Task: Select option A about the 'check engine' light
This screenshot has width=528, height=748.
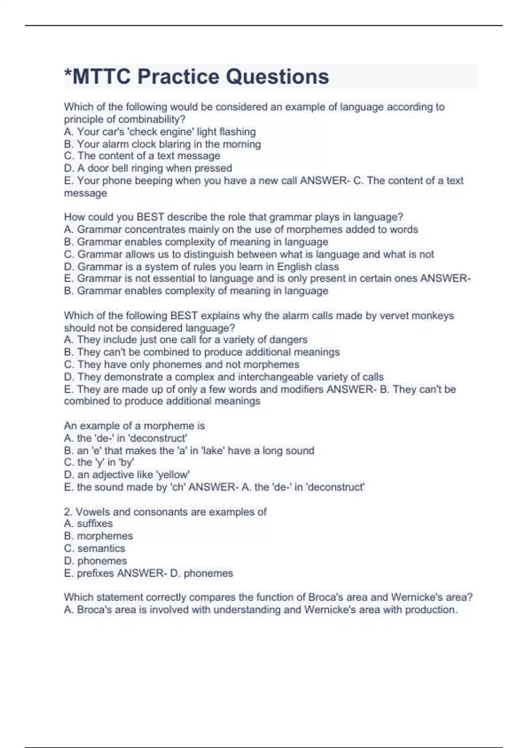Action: click(x=160, y=132)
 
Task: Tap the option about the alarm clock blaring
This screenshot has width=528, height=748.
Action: click(x=162, y=144)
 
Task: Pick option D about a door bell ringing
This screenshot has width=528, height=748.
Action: click(x=148, y=168)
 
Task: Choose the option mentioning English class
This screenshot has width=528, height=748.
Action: click(x=201, y=267)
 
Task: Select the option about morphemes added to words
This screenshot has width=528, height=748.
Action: click(x=241, y=229)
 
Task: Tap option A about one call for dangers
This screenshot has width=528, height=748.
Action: click(x=185, y=340)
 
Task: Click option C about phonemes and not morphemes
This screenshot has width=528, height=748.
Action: click(x=181, y=364)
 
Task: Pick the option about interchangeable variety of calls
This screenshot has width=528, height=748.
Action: click(x=224, y=377)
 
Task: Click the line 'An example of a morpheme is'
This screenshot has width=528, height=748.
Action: click(x=134, y=425)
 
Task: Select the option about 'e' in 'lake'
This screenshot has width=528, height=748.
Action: click(x=189, y=451)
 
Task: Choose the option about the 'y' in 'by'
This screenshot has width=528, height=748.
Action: click(x=99, y=462)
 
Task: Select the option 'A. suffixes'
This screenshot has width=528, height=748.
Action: click(x=88, y=524)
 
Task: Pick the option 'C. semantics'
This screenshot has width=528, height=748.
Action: click(x=95, y=548)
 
